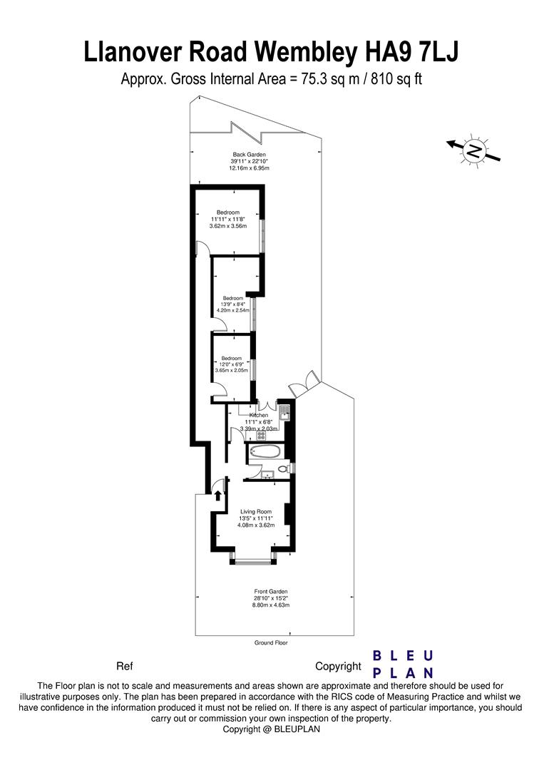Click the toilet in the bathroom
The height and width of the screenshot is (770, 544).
pyautogui.click(x=284, y=468)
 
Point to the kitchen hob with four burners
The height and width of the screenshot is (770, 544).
pyautogui.click(x=262, y=434)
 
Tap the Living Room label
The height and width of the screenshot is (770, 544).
pyautogui.click(x=256, y=511)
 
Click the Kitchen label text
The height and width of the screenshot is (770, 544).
pyautogui.click(x=259, y=415)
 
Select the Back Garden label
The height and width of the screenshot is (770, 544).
pyautogui.click(x=249, y=154)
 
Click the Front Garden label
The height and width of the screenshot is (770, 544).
pyautogui.click(x=270, y=591)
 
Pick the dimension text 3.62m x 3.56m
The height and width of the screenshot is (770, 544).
pyautogui.click(x=228, y=226)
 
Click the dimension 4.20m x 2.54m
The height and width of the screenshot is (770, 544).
pyautogui.click(x=232, y=311)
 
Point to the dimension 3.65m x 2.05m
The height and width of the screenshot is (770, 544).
pyautogui.click(x=231, y=371)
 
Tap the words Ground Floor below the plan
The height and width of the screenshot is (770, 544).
pyautogui.click(x=270, y=642)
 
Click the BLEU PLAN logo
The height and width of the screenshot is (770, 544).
pyautogui.click(x=404, y=664)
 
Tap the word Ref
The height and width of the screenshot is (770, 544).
pyautogui.click(x=125, y=667)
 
